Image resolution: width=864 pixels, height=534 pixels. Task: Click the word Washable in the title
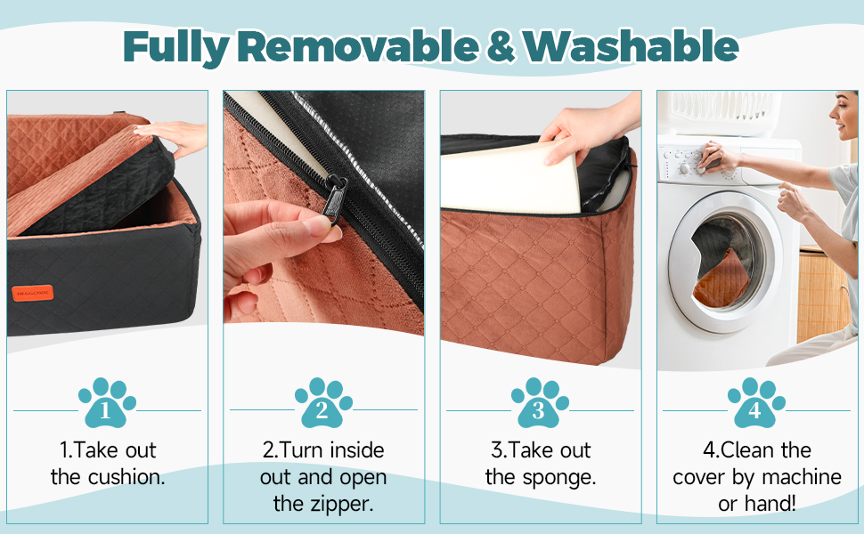click(631, 46)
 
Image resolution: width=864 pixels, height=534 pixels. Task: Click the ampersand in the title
click(501, 47)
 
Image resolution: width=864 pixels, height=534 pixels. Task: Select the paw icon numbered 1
click(107, 402)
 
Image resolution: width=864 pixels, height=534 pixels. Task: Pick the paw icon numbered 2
click(323, 402)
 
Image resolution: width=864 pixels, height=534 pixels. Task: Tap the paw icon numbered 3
click(540, 402)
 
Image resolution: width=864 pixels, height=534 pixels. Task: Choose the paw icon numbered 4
click(756, 402)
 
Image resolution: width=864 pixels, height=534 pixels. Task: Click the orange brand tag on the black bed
click(32, 293)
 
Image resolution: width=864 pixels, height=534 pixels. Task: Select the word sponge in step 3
click(561, 477)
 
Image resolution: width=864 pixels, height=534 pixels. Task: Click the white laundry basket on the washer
click(719, 113)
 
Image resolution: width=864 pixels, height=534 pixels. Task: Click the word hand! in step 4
click(777, 503)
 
